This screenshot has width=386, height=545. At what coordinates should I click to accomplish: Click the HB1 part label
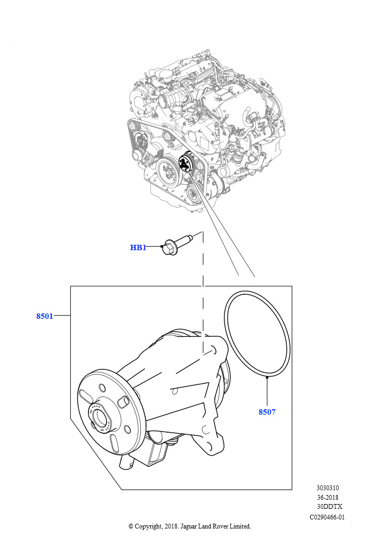138,247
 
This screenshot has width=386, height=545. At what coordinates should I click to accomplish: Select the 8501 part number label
45,316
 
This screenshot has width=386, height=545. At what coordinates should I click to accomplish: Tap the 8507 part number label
267,412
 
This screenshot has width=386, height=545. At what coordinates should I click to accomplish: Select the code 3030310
327,488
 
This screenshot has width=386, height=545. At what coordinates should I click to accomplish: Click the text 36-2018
327,498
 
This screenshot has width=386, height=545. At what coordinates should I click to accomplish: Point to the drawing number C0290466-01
327,517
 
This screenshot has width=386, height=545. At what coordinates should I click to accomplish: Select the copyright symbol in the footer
131,526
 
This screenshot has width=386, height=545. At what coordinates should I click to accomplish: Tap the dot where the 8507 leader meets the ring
267,377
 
